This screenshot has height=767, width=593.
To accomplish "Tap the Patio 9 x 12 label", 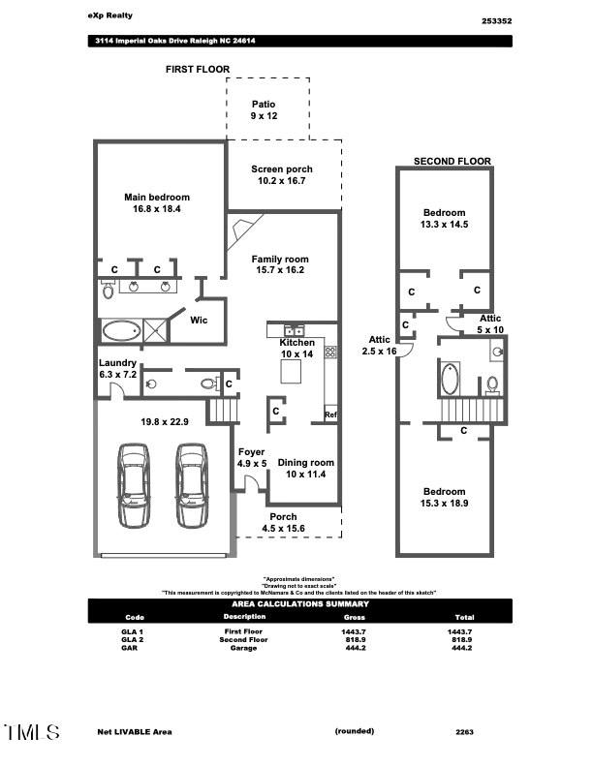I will [x=264, y=109].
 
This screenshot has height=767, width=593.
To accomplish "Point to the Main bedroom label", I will [x=157, y=202].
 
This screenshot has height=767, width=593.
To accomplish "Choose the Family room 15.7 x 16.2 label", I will [x=279, y=264].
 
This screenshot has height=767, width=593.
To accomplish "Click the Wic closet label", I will [x=199, y=320].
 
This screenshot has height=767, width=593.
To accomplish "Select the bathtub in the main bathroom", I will [x=121, y=331].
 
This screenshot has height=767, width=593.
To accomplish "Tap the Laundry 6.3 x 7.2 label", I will [x=119, y=368].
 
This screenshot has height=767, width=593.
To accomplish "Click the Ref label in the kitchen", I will [x=330, y=414].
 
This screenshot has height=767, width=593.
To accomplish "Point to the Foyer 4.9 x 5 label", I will [x=252, y=457].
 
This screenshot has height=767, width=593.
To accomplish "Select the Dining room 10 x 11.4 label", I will [x=305, y=468].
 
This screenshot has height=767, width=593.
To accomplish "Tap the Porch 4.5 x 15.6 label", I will [x=283, y=522].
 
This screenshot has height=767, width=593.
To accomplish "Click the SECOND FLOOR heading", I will [x=452, y=161].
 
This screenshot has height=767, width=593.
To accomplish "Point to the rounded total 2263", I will [x=464, y=732].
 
